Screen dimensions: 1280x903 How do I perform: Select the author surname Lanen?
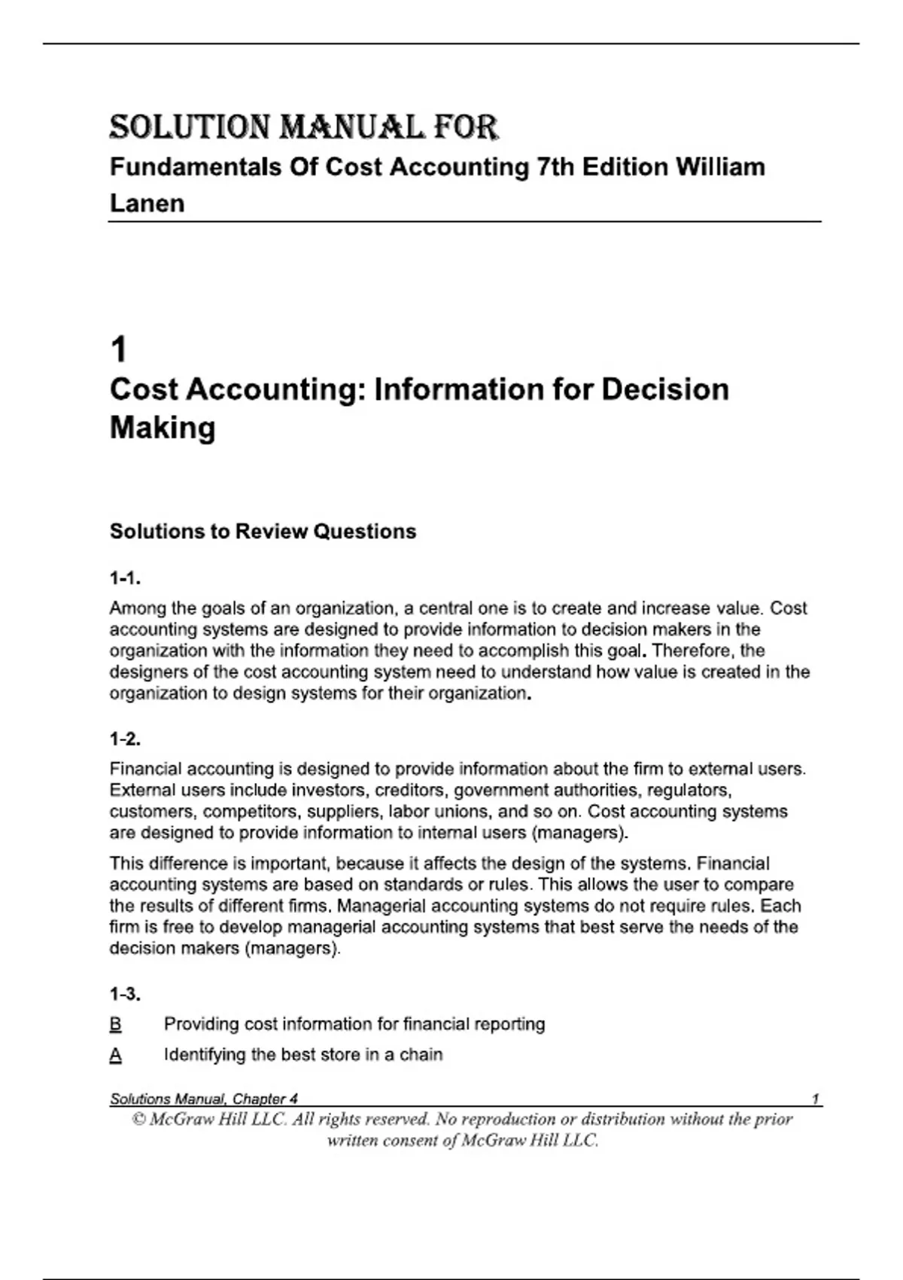(147, 203)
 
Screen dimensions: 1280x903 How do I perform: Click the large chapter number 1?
(119, 350)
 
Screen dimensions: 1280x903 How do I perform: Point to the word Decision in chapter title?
(665, 390)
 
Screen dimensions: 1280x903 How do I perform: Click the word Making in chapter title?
(163, 428)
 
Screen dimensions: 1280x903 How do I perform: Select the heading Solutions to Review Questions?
(263, 532)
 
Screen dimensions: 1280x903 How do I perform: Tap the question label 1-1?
(125, 579)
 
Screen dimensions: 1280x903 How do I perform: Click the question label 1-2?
(125, 739)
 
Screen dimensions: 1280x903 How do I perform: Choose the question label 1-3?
(125, 995)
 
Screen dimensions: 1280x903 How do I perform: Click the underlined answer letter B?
(116, 1025)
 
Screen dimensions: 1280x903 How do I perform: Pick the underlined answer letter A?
(116, 1056)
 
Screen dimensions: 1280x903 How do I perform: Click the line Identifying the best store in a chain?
(303, 1055)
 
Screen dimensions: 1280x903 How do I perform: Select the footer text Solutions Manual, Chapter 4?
(204, 1099)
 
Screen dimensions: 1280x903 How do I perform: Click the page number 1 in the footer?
(816, 1099)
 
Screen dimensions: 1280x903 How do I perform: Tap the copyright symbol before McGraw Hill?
(138, 1120)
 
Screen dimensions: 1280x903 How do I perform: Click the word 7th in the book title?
(555, 167)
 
